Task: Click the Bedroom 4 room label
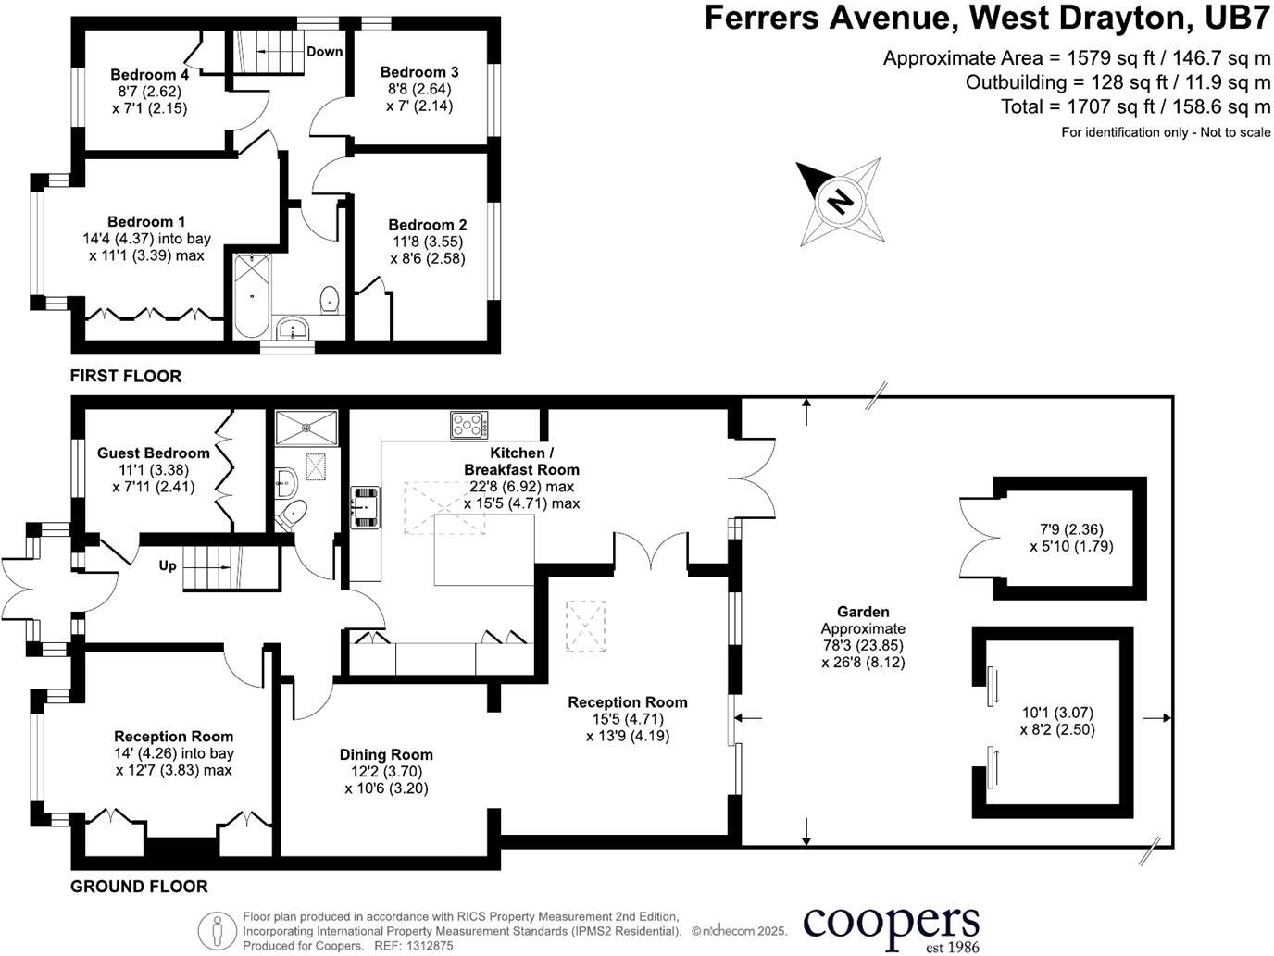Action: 149,75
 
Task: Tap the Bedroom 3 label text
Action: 418,72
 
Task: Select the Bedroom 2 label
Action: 427,225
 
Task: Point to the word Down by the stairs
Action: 324,52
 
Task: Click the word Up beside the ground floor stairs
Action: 168,565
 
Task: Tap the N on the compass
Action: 840,201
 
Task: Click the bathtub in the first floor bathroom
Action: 250,296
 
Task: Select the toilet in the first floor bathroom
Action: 329,299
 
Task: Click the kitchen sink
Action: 364,506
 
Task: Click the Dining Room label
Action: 385,755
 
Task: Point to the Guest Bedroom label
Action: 154,453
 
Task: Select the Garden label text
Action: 863,612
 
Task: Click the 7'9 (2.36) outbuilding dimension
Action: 1071,530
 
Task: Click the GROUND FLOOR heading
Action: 139,887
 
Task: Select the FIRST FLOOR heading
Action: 126,376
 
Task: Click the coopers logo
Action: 891,924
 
